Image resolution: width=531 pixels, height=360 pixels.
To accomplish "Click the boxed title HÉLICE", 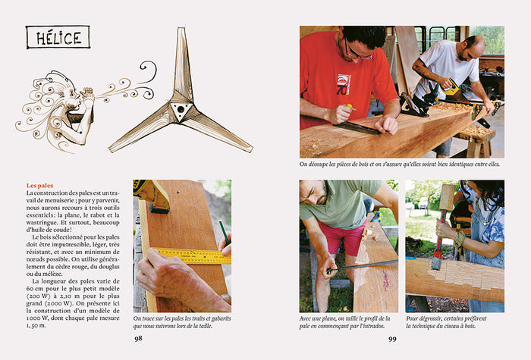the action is click(58, 37).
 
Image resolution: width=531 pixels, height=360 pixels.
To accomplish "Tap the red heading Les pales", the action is click(40, 186).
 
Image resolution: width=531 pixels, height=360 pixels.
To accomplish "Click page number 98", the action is click(138, 338).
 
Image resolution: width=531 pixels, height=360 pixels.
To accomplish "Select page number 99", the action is click(392, 339).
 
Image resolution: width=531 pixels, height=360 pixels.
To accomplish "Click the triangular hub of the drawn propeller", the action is click(181, 111).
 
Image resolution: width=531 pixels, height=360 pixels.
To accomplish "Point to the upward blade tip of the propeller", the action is click(181, 29).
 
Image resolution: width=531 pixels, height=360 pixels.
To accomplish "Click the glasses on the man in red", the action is click(357, 53).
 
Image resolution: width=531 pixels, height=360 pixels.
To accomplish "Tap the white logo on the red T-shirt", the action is click(344, 84).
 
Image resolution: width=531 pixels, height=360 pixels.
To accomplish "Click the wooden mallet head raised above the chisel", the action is click(447, 196).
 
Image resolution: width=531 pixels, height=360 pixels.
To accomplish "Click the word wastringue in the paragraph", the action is click(41, 223).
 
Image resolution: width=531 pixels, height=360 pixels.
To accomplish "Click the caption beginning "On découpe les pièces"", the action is click(399, 164).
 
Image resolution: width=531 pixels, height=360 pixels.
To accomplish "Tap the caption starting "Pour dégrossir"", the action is click(446, 322).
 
